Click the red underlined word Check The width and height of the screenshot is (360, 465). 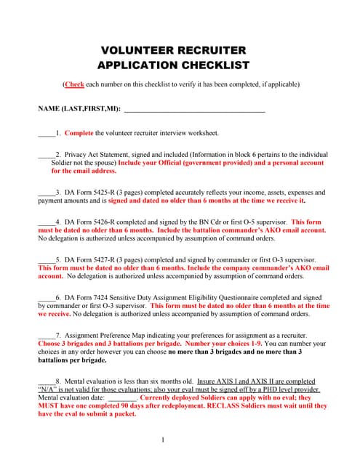pyautogui.click(x=74, y=84)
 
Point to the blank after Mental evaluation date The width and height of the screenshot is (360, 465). pyautogui.click(x=122, y=398)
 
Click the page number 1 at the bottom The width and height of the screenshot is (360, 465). pyautogui.click(x=164, y=440)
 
